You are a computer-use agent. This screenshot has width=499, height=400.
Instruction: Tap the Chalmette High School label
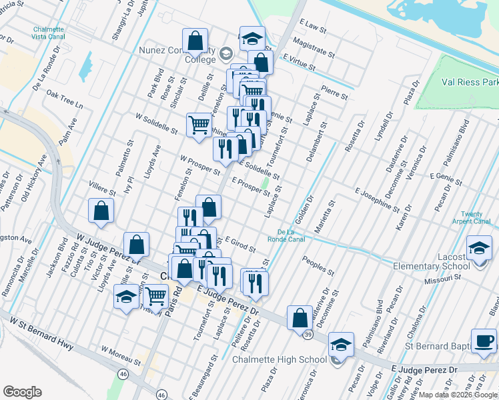click(x=280, y=360)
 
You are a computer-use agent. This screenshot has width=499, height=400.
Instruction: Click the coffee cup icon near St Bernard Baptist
click(x=484, y=341)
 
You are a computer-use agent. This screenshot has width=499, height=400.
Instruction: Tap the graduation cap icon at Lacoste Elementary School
click(x=479, y=248)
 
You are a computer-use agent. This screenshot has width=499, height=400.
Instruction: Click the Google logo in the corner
click(x=23, y=392)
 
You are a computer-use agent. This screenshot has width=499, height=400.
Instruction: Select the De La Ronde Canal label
click(x=286, y=235)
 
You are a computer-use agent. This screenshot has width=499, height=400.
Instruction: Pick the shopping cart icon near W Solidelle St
click(x=199, y=124)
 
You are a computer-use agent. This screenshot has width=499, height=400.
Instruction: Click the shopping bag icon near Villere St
click(x=101, y=211)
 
